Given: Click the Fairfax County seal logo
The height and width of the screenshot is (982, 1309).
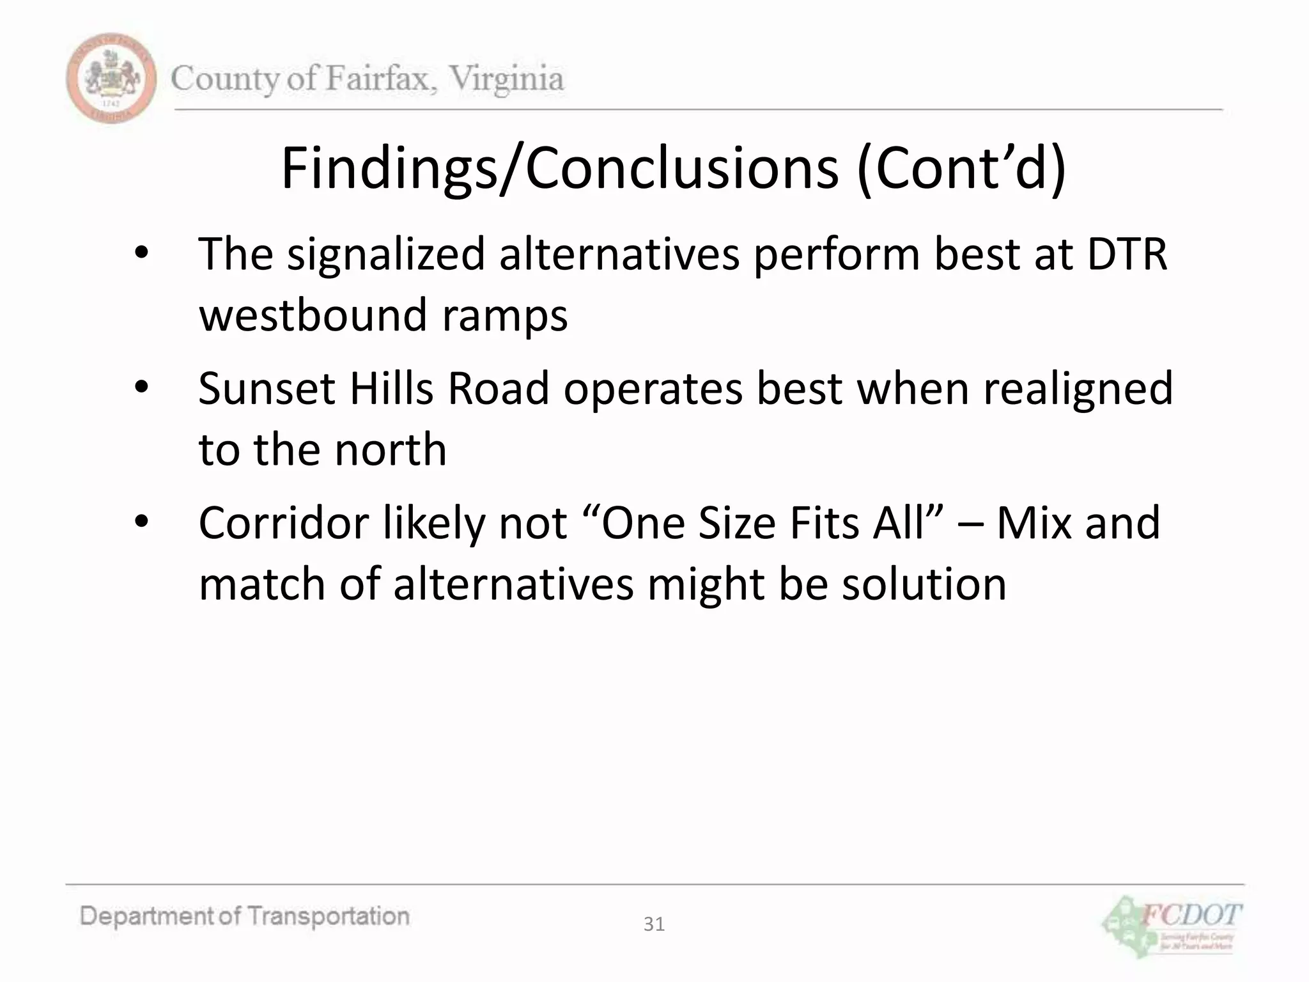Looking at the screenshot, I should coord(111,79).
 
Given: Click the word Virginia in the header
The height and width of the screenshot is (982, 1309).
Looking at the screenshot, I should coord(506,79).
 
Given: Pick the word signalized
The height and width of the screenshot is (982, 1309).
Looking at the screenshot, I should coord(385,254).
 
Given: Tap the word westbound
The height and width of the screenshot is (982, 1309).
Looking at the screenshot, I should coord(313,315).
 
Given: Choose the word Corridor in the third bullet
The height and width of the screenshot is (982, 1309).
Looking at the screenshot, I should coord(283,523).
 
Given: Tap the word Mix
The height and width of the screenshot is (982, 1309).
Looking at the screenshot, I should coord(1033,523).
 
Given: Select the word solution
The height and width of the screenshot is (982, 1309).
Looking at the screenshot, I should coord(924,584).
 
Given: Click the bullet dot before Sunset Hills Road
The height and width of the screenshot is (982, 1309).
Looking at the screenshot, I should coord(141,387).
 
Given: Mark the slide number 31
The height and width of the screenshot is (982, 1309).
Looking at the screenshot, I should coord(654,924).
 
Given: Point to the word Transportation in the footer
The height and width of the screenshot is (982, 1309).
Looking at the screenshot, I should coord(328,916).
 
